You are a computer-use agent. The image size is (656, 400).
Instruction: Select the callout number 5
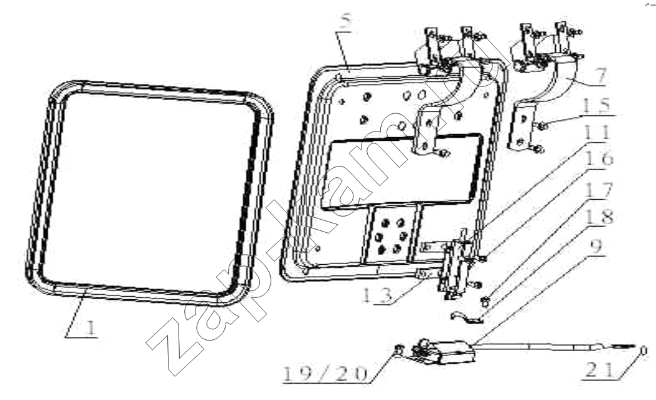pos(346,22)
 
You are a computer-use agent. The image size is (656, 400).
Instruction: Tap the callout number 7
pos(600,76)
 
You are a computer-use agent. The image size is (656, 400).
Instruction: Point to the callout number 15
pos(596,105)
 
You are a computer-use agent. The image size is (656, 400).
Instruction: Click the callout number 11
pos(596,133)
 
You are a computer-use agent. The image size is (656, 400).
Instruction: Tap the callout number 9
pos(597,246)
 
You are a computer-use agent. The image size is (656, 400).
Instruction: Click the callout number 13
pos(377,295)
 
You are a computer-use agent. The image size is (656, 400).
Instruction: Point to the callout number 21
pos(600,370)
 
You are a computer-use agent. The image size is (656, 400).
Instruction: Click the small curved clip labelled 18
pos(467,318)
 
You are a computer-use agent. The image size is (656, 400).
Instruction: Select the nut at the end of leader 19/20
pos(399,349)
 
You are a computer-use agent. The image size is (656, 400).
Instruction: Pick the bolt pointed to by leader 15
pos(541,125)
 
